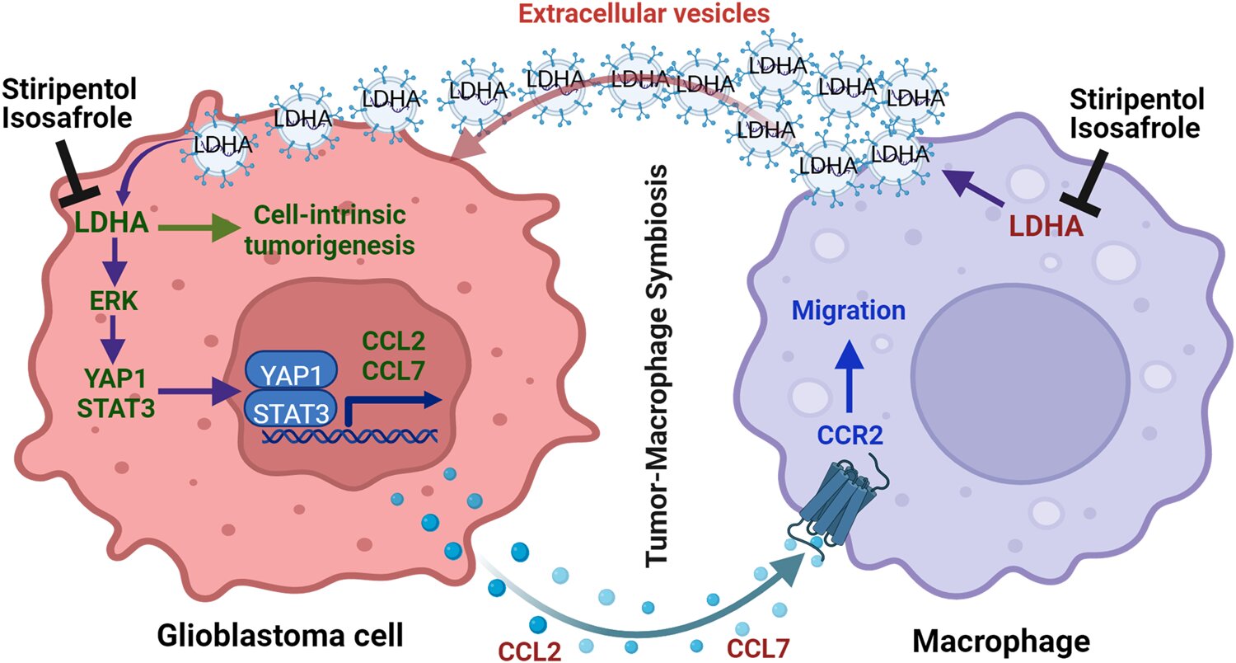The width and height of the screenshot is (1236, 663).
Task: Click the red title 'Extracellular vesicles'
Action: coord(644,14)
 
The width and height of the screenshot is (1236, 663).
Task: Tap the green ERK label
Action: coord(114,302)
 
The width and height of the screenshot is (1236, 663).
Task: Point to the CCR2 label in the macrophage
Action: coord(850,435)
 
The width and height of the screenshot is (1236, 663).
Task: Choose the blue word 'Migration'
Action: coord(849,310)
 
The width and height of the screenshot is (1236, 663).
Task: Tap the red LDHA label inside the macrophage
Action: coord(1046,226)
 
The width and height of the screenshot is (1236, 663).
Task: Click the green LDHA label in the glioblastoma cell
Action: coord(111,223)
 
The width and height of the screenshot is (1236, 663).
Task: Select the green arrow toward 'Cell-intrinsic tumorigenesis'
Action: coord(199,228)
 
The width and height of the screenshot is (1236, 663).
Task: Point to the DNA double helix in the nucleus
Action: coord(350,436)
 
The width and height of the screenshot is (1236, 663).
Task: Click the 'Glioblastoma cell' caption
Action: coord(280,636)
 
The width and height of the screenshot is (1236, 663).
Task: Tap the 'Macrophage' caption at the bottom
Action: coord(1001,642)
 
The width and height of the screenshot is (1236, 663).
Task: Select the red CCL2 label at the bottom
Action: coord(530,651)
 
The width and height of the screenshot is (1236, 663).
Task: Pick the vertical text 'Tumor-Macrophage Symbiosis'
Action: coord(657,365)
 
